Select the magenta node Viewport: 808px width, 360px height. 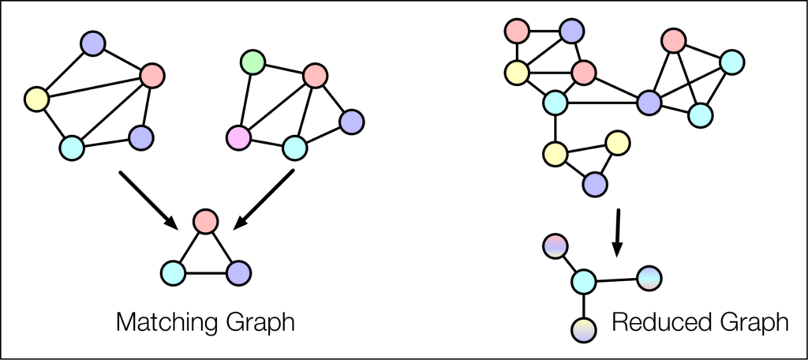(238, 139)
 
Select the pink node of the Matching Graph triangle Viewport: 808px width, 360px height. (205, 220)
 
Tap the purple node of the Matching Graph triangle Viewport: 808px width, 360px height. (238, 273)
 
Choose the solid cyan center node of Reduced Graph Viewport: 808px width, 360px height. (583, 280)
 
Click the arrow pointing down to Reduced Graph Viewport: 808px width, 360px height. (618, 231)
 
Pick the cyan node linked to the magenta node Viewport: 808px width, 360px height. (295, 147)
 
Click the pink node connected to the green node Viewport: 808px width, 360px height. (315, 76)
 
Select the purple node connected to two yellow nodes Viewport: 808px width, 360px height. (595, 185)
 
